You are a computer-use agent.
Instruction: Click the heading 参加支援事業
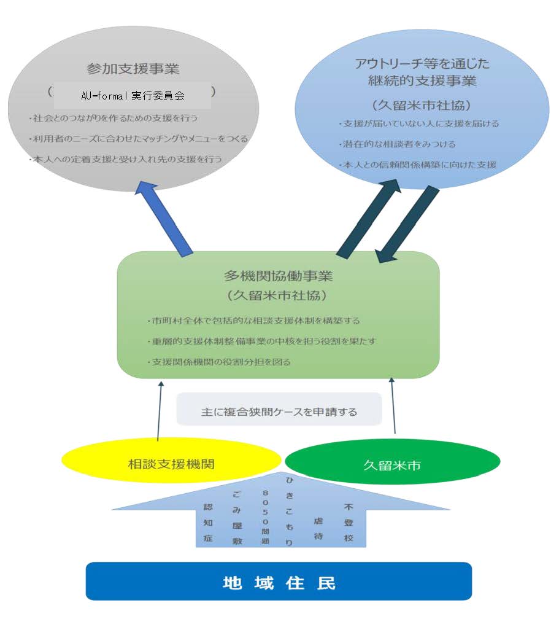click(x=133, y=68)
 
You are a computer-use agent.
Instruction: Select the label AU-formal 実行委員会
click(x=133, y=96)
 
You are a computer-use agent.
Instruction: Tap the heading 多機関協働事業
click(x=279, y=275)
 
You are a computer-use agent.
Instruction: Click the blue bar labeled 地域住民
click(x=279, y=581)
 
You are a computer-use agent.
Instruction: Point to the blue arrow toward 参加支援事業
click(x=164, y=219)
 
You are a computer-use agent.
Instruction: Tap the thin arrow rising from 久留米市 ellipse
click(x=393, y=405)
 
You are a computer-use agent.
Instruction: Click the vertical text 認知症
click(x=208, y=522)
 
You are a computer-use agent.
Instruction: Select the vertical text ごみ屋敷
click(x=237, y=517)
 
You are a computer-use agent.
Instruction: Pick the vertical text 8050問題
click(x=265, y=517)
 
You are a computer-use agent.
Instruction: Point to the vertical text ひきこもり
click(x=290, y=512)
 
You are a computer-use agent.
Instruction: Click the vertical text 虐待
click(x=318, y=528)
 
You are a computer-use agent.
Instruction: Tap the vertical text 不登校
click(x=349, y=522)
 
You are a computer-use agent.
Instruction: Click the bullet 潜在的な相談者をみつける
click(x=397, y=144)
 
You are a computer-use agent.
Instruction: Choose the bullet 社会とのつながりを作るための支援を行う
click(x=114, y=118)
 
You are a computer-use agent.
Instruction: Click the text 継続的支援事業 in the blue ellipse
click(x=422, y=81)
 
